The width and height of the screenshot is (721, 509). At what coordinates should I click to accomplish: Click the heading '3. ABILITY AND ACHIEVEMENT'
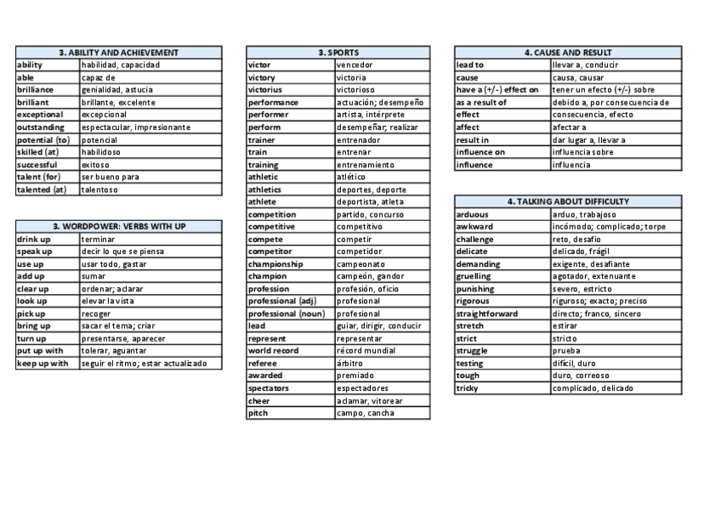click(119, 53)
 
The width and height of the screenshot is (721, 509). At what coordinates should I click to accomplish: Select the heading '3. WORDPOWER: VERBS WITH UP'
click(119, 227)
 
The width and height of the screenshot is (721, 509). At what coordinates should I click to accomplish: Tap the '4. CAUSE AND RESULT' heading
click(568, 53)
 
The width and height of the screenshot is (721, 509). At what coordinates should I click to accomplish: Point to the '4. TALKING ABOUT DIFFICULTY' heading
click(568, 202)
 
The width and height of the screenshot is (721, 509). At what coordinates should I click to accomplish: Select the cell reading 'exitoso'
click(96, 165)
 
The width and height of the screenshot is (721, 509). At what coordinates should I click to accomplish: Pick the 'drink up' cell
click(34, 240)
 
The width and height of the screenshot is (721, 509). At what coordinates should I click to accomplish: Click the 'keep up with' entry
click(43, 364)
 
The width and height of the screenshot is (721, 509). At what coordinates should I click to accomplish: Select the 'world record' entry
click(273, 351)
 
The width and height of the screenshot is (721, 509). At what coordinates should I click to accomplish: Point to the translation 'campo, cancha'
click(366, 413)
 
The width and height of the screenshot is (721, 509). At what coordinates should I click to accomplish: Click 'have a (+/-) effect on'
click(497, 90)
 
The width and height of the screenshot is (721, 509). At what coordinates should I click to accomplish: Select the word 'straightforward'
click(487, 314)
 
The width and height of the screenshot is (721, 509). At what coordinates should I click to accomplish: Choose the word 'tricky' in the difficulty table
click(468, 388)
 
